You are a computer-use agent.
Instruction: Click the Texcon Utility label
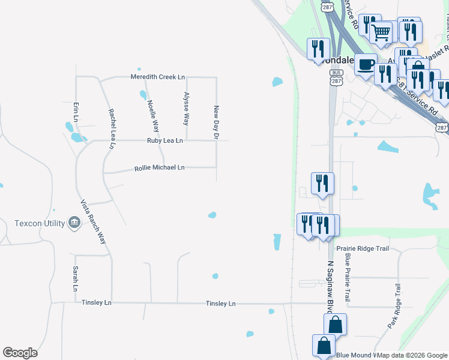coord(40,224)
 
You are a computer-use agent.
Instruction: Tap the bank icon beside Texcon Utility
coord(74,223)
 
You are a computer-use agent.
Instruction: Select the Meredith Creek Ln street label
coord(158,77)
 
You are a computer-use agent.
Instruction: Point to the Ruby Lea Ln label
coord(164,140)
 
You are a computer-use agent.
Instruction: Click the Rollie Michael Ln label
coord(160,168)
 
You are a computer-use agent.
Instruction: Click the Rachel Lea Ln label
coord(111,128)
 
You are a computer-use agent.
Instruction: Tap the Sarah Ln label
coord(76,278)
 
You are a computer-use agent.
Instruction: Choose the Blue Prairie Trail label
coord(347,277)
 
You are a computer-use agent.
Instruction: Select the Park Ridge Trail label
coord(394,306)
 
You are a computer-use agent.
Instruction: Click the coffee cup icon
coord(365,64)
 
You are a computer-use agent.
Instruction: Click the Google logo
coord(20,353)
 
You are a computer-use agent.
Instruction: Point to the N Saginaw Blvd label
coord(330,285)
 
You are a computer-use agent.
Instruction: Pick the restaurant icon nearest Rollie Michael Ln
coord(322,182)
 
